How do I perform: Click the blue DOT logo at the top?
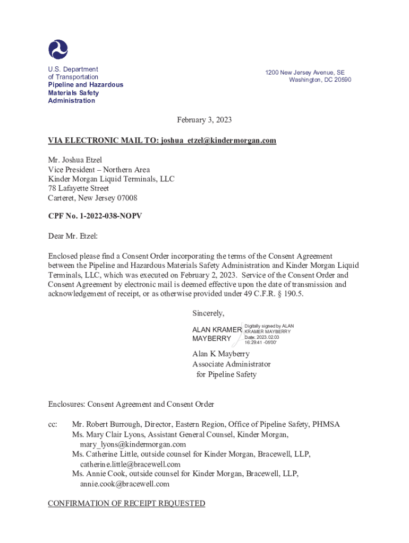58,49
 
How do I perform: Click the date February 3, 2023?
204,120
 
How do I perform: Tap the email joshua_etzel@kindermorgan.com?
218,141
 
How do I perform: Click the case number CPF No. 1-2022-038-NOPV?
95,217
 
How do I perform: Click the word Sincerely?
208,313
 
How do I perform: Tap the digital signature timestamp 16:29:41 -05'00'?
260,343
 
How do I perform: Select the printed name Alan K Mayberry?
220,354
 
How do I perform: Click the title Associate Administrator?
231,364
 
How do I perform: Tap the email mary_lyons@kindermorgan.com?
133,444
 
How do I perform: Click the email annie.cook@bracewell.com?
125,484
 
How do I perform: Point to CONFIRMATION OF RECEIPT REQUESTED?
126,504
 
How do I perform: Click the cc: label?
53,424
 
